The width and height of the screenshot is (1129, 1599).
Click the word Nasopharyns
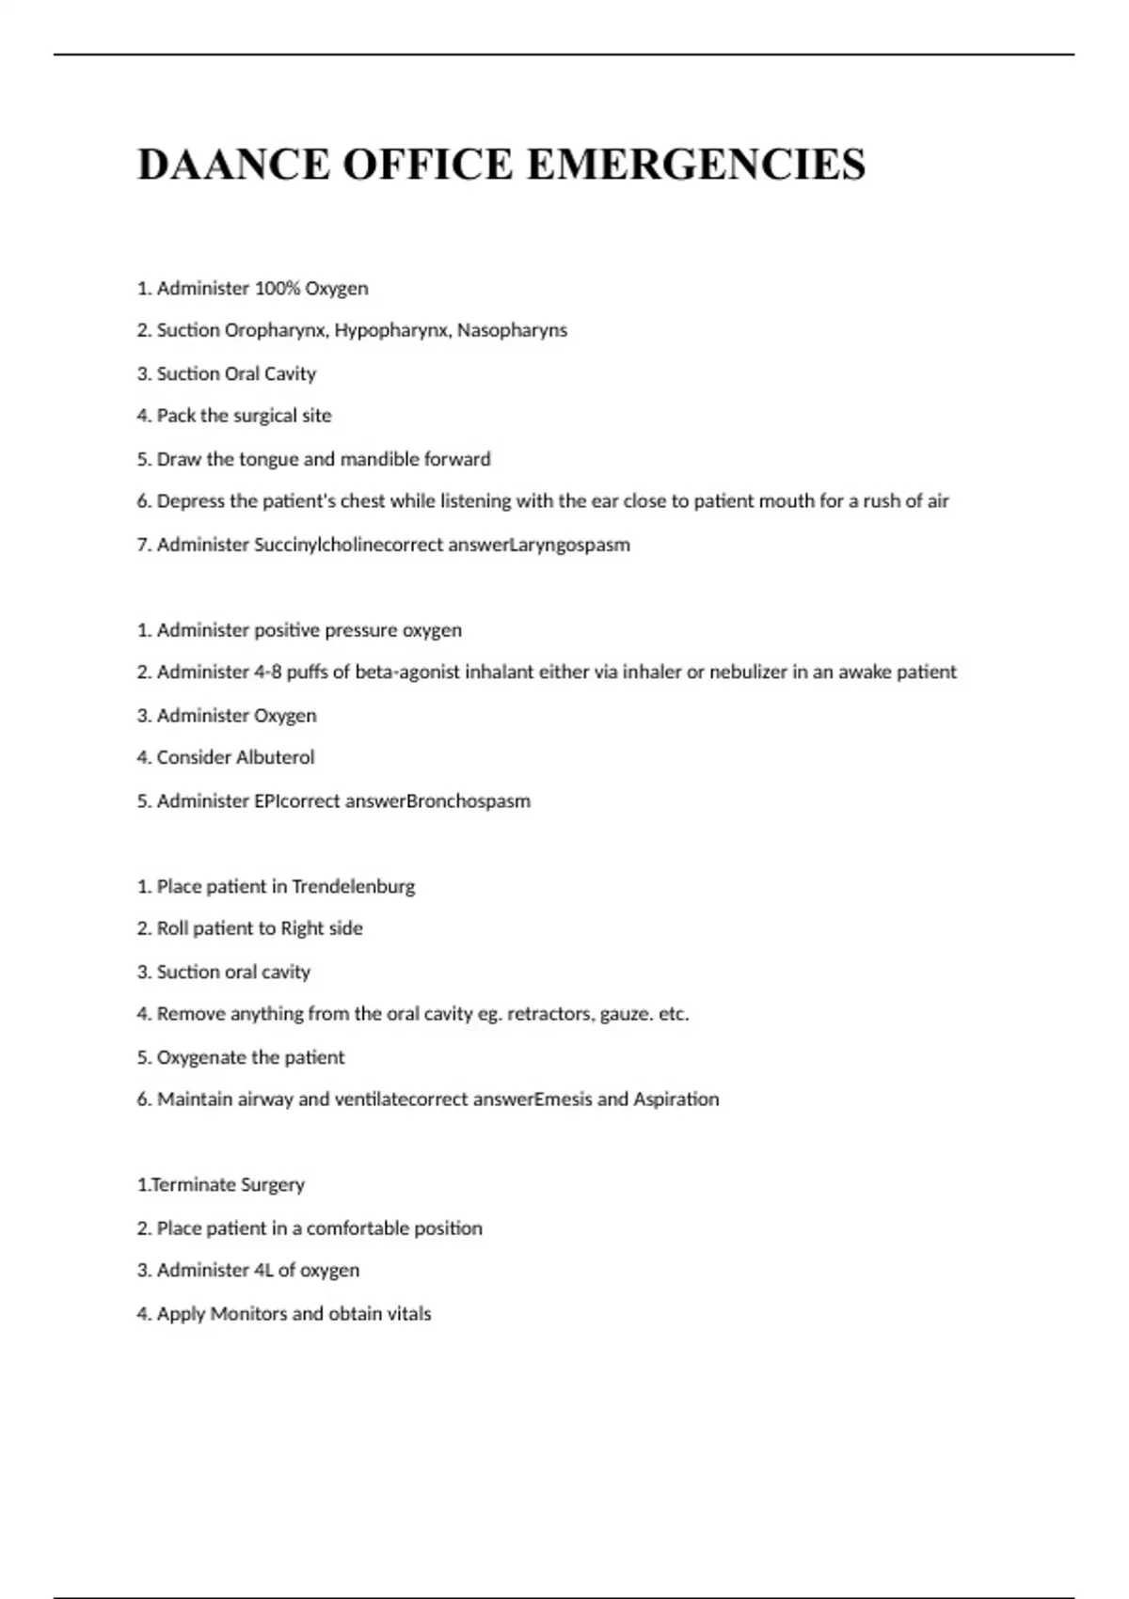click(x=512, y=330)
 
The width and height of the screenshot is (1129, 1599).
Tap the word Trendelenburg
click(x=353, y=887)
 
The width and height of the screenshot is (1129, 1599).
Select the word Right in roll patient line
click(x=302, y=928)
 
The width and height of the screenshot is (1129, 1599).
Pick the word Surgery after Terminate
click(x=273, y=1185)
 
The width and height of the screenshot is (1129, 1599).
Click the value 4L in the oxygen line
click(x=263, y=1271)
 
